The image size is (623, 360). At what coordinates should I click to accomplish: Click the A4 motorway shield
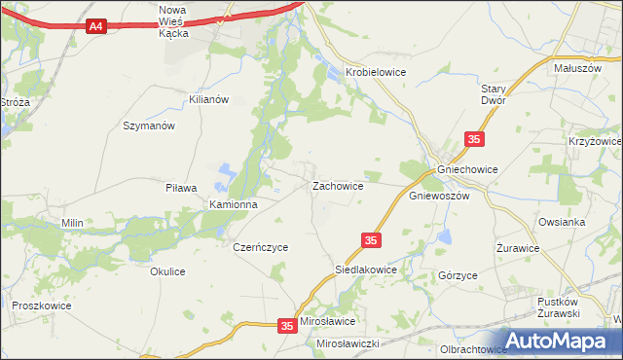click(x=95, y=27)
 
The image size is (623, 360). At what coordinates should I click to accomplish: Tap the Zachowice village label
click(x=338, y=185)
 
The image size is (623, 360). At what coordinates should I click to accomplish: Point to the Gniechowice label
click(x=468, y=169)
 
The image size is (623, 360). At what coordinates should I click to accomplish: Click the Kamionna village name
click(x=234, y=205)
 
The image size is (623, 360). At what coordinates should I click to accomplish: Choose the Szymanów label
click(x=148, y=126)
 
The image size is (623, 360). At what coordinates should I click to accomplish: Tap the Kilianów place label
click(x=208, y=100)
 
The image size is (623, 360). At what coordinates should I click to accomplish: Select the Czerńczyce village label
click(x=260, y=247)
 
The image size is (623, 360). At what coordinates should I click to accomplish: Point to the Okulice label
click(x=167, y=271)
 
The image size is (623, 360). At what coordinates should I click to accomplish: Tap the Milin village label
click(x=72, y=223)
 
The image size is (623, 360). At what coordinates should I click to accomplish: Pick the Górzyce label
click(x=458, y=275)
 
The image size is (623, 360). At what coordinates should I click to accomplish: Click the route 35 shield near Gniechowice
click(x=474, y=141)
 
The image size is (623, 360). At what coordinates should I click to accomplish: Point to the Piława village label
click(x=182, y=188)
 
